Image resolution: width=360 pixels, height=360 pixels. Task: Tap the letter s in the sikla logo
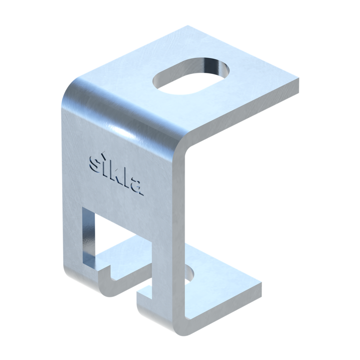coord(94,164)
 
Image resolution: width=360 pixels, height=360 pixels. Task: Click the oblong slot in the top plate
coord(191,76)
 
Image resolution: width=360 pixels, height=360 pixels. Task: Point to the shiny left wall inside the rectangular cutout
coord(89,237)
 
